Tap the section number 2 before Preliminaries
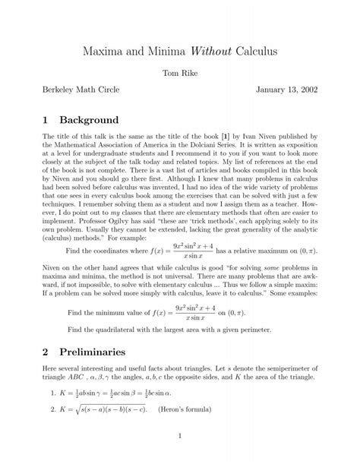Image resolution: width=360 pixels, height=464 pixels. [x=46, y=352]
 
